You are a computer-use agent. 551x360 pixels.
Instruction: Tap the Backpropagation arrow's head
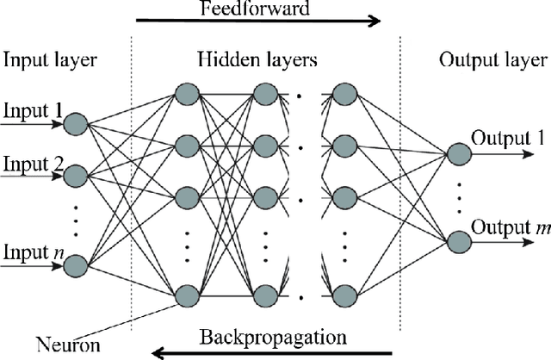(x=154, y=351)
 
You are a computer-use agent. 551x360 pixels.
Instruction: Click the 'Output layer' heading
(x=492, y=60)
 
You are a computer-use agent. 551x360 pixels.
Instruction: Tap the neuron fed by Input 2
(x=76, y=177)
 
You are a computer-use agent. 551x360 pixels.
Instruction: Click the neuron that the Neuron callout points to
(x=185, y=297)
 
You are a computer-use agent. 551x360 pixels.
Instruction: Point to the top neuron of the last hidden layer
(x=344, y=92)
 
